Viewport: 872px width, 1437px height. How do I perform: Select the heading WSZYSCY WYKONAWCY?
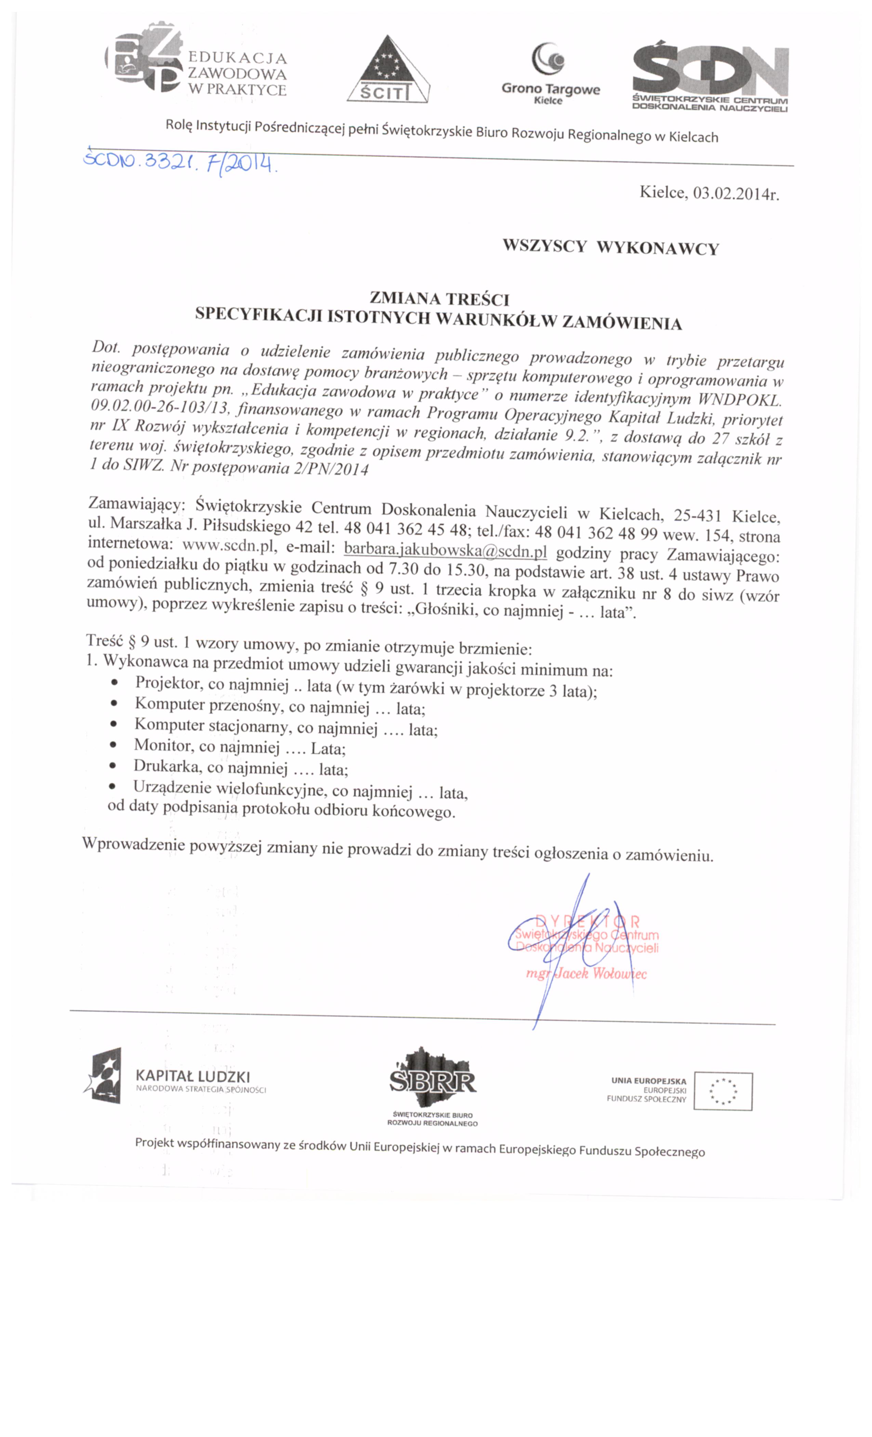pos(610,247)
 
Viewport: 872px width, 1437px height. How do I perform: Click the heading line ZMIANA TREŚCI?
pos(439,299)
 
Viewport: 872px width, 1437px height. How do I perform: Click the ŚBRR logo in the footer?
pos(432,1080)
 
